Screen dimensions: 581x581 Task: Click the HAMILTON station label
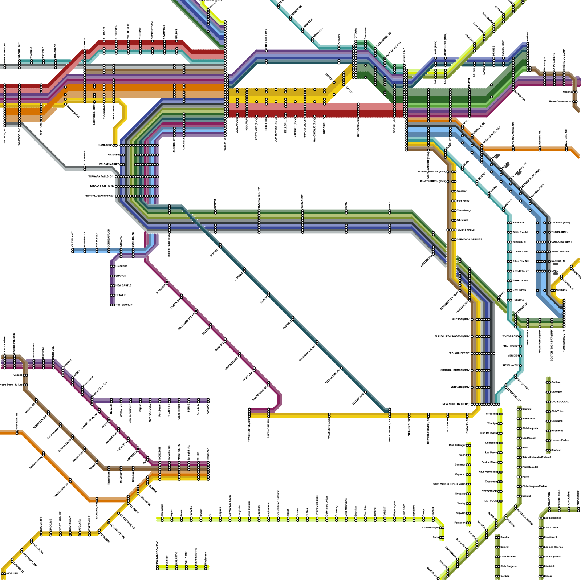(105, 145)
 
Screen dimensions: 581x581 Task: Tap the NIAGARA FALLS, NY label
(102, 186)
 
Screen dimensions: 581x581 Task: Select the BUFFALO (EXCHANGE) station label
(99, 196)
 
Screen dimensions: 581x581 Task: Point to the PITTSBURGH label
(124, 305)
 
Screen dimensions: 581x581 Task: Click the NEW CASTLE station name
(123, 285)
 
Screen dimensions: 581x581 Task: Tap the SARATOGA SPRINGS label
(469, 240)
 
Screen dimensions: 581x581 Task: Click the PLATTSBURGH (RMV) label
(433, 181)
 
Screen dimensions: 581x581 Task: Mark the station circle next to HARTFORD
(520, 346)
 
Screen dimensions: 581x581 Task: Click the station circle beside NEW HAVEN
(520, 365)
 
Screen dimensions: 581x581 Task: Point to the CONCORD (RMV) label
(561, 242)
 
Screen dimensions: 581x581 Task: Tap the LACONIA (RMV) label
(560, 223)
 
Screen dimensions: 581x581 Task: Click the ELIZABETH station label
(448, 425)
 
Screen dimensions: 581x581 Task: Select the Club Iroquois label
(530, 428)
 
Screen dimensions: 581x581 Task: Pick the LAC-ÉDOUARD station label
(560, 402)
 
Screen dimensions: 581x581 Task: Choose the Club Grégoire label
(508, 566)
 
